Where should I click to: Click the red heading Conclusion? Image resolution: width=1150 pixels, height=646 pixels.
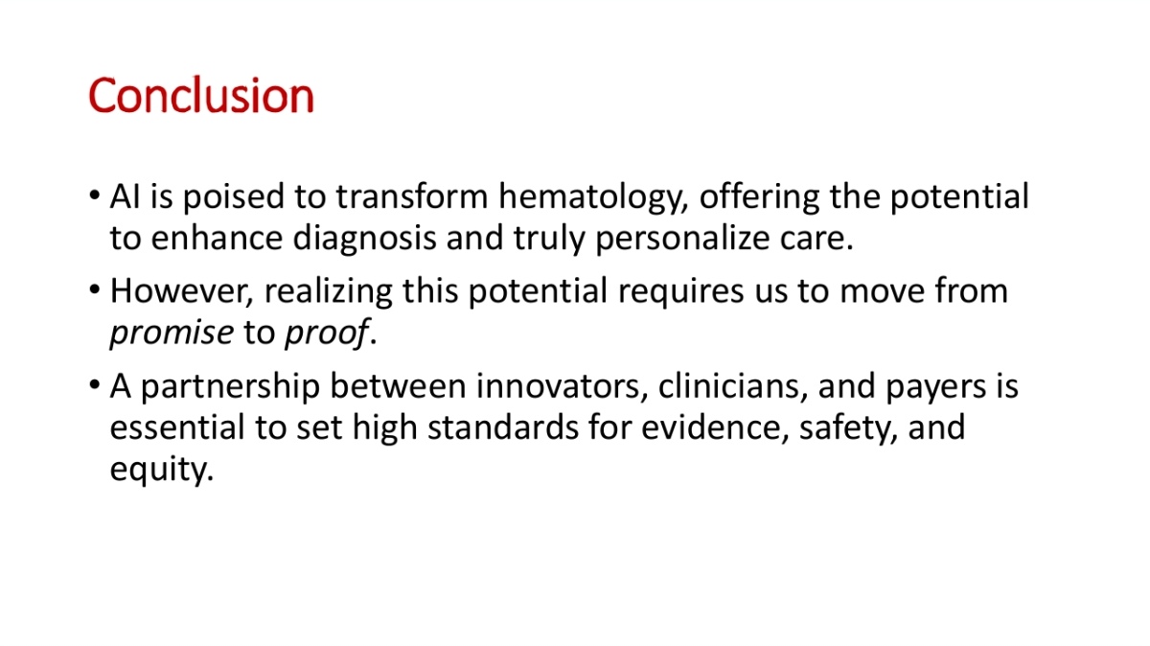click(x=200, y=96)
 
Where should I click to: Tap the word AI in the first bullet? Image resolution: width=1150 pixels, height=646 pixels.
click(x=125, y=196)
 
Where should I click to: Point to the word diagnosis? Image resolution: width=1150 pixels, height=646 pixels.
click(x=364, y=240)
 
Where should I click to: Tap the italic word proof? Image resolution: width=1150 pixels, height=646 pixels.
click(x=327, y=333)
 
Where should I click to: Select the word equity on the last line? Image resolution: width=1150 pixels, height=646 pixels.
click(x=161, y=471)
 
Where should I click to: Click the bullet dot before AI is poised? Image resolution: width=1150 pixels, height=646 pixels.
click(x=94, y=196)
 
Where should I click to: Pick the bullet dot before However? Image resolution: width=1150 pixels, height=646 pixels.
click(x=94, y=290)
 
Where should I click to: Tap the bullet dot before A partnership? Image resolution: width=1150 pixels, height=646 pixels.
click(x=94, y=385)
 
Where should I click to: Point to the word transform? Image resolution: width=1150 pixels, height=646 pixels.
click(x=412, y=196)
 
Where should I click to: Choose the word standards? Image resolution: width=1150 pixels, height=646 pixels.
click(x=503, y=427)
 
